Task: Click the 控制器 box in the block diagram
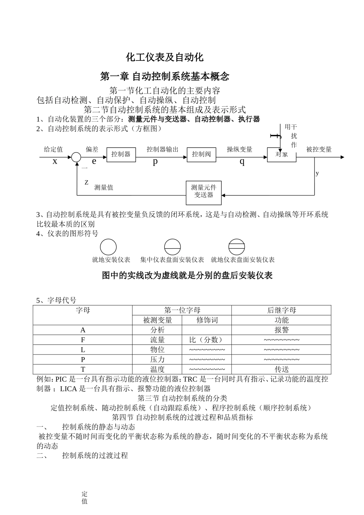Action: [x=121, y=154]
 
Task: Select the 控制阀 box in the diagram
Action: [x=202, y=154]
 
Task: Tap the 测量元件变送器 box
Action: [x=203, y=191]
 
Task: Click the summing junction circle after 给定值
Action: [x=76, y=157]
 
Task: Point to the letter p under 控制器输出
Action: [x=155, y=161]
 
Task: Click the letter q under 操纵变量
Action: [x=242, y=161]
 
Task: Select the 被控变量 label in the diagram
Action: [x=319, y=149]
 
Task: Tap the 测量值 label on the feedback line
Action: [x=104, y=187]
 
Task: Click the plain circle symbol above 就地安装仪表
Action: [x=108, y=247]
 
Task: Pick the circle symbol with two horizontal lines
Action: [x=236, y=247]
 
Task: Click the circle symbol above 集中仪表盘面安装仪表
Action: [x=172, y=247]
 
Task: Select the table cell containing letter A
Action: [x=83, y=330]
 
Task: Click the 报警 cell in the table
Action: [x=281, y=330]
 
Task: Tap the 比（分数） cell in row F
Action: [x=207, y=340]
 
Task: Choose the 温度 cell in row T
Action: [x=157, y=369]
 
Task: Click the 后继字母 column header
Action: [x=281, y=310]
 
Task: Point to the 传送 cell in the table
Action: [x=281, y=369]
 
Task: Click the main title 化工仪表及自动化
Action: [x=165, y=57]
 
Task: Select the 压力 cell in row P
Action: [x=157, y=359]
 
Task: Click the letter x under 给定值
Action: [x=55, y=161]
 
